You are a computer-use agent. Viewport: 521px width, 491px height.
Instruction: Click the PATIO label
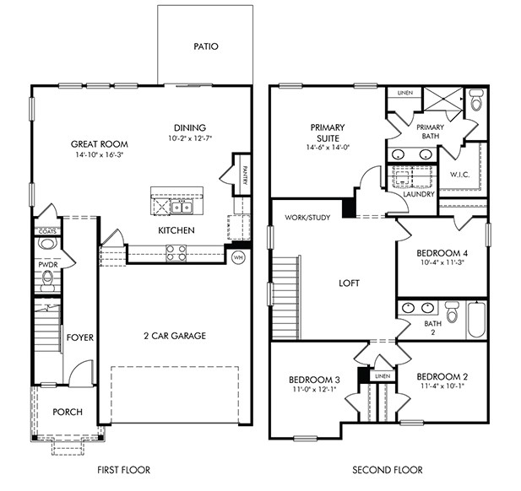click(205, 46)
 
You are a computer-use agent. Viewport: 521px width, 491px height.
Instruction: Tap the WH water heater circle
click(238, 257)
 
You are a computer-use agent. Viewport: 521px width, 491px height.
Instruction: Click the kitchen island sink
click(181, 206)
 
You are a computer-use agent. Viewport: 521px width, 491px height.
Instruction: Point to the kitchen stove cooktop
click(175, 250)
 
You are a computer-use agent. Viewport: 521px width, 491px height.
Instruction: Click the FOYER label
click(79, 337)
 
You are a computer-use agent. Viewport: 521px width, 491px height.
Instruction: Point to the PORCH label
click(67, 413)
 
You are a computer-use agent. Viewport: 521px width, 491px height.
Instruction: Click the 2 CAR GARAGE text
click(175, 336)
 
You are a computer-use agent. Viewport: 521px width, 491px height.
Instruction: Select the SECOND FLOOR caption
click(388, 470)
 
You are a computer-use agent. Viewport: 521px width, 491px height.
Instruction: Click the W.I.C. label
click(460, 175)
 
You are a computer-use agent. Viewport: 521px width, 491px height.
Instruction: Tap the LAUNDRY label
click(420, 194)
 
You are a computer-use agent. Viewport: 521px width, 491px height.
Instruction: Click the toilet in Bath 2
click(451, 313)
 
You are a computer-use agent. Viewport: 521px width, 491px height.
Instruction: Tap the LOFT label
click(350, 283)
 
